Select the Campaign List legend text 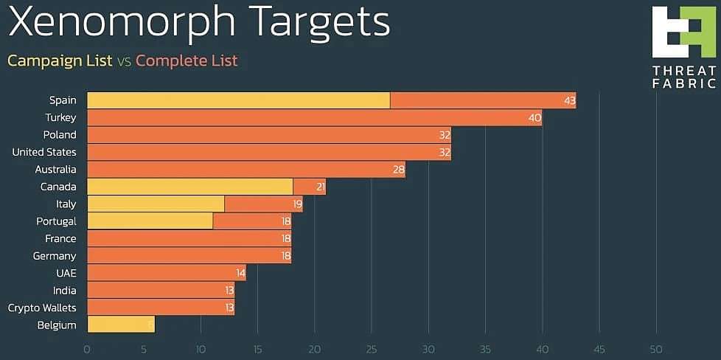pos(60,60)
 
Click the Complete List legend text pos(187,60)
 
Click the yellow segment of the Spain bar pos(238,100)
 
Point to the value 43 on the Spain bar pos(569,100)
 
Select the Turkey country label pos(60,117)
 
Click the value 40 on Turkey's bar pos(534,117)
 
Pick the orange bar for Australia pos(245,170)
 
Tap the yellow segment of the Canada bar pos(189,187)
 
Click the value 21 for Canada pos(321,187)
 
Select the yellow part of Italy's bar pos(156,204)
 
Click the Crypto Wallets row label pos(42,308)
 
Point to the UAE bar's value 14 pos(240,273)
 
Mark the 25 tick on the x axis pos(372,348)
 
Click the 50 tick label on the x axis pos(656,348)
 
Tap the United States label pos(44,152)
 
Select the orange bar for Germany pos(189,256)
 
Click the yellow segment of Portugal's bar pos(150,221)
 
